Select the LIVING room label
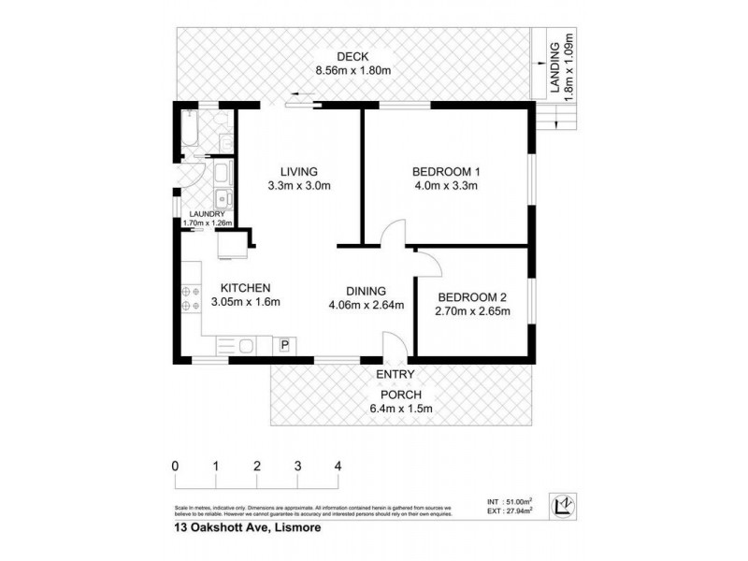tap(299, 171)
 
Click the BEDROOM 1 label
tap(445, 171)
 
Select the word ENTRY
tap(396, 375)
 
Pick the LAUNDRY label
tap(206, 214)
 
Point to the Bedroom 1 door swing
tap(393, 234)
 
